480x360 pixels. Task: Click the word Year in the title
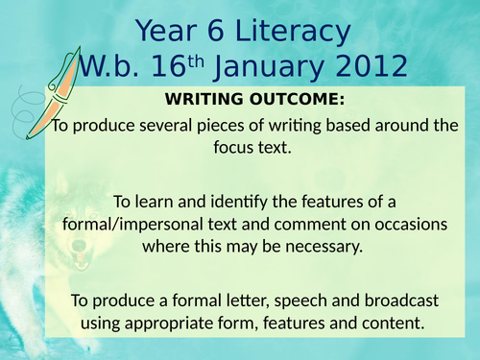[166, 32]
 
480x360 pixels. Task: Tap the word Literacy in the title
[285, 32]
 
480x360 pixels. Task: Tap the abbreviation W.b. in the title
[106, 68]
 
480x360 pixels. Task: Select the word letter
[228, 298]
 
